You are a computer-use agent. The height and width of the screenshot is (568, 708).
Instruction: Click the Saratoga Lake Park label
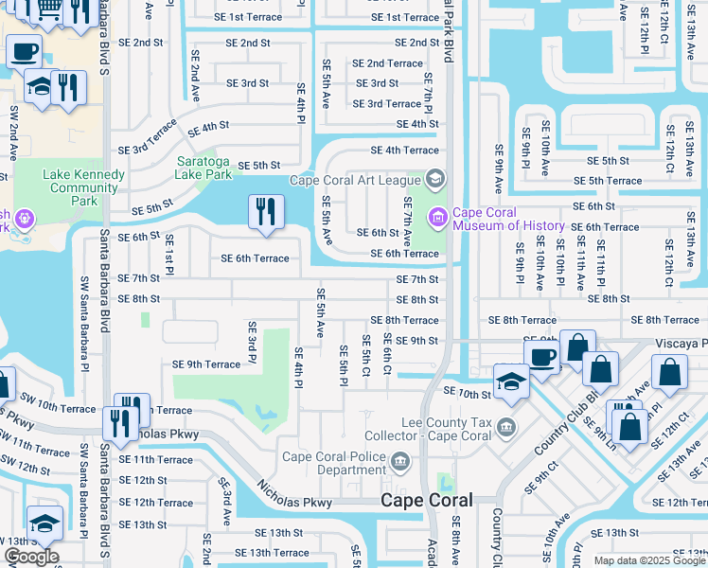(x=204, y=168)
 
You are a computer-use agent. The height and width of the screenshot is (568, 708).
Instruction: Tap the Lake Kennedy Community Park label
(x=84, y=187)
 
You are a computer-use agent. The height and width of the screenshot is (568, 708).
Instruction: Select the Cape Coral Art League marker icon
(x=435, y=178)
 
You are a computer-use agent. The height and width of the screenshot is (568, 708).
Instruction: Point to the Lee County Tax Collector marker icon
(x=507, y=426)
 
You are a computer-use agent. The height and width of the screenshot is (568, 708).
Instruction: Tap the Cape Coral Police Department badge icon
(x=401, y=462)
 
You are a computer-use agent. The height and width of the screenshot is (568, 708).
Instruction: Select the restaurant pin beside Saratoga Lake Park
(x=266, y=211)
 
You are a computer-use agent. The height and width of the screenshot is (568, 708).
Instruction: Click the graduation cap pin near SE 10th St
(x=511, y=382)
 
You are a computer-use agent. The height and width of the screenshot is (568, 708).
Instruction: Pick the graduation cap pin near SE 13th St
(x=44, y=524)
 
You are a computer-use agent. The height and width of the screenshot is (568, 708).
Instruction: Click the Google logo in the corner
(x=31, y=557)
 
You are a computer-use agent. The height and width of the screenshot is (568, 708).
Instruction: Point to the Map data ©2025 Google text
(x=648, y=560)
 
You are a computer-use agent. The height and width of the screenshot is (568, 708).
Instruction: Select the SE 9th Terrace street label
(x=206, y=364)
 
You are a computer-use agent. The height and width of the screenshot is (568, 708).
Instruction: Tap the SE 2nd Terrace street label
(x=387, y=63)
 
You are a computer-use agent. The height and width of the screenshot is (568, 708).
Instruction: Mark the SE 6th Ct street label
(x=388, y=353)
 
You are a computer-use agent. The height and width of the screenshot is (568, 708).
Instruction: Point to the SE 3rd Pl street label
(x=252, y=342)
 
